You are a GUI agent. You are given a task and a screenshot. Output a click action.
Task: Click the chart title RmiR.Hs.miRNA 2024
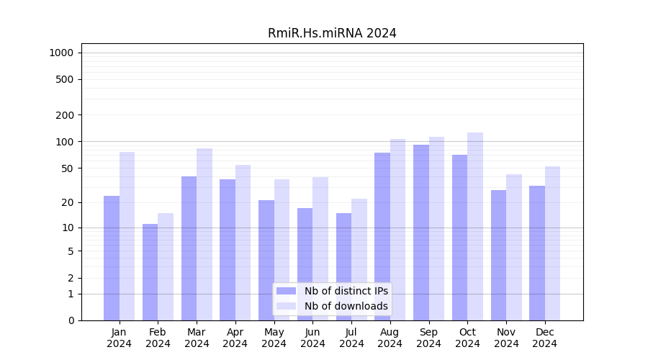332,33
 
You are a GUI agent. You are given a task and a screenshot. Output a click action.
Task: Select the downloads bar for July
359,259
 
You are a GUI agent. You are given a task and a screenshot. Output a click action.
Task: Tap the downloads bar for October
475,226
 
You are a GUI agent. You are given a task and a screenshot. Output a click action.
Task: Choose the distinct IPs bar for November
498,255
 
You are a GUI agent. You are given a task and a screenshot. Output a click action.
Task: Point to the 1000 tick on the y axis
61,53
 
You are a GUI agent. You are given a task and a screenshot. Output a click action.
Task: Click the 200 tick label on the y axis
65,115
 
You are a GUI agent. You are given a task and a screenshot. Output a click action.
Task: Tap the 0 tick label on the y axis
71,320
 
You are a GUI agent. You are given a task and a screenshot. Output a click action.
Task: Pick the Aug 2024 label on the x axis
390,338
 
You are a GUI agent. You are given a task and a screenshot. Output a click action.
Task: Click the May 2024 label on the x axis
274,338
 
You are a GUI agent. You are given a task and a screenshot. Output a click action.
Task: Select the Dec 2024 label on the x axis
545,338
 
